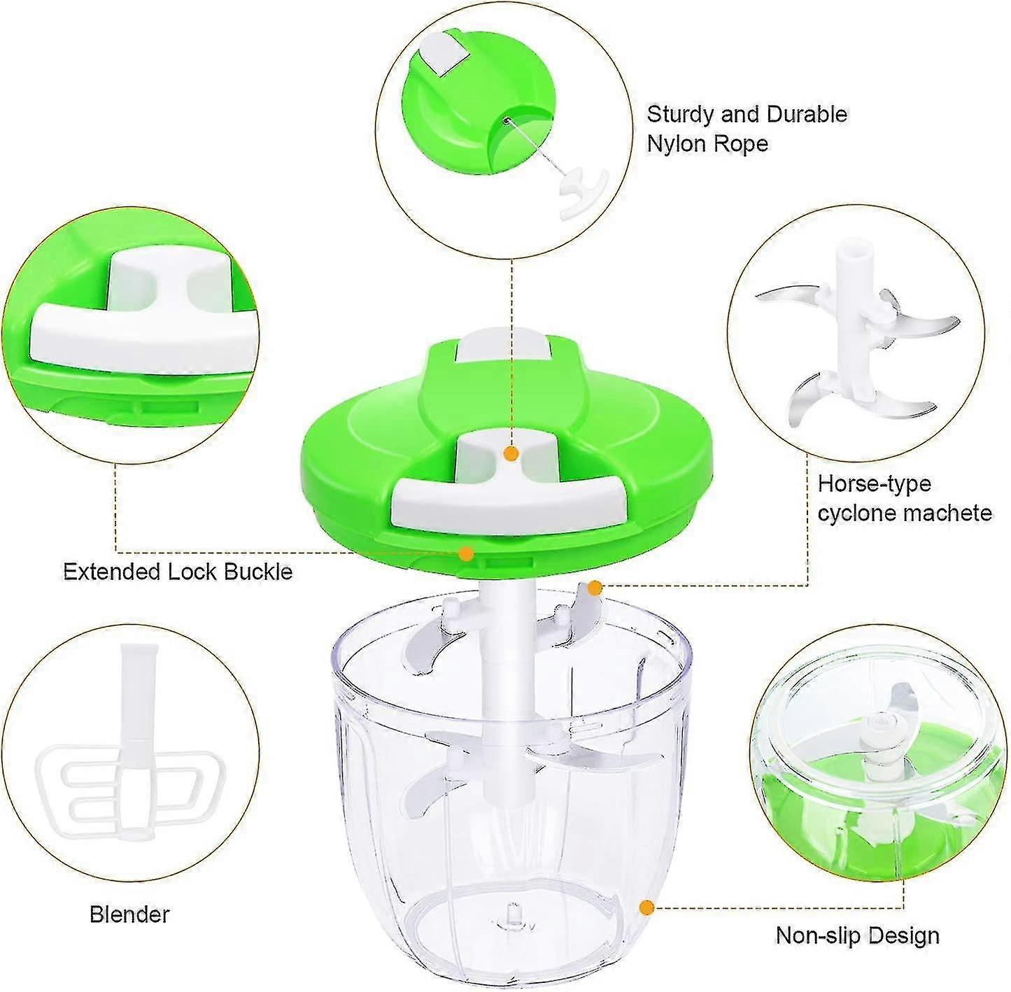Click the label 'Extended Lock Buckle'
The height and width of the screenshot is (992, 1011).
pos(178,572)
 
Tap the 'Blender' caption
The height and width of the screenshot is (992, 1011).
pos(129,914)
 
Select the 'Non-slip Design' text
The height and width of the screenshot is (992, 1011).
pos(857,935)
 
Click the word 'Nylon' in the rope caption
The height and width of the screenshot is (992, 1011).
pos(677,144)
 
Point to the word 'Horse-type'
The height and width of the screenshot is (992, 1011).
pos(875,483)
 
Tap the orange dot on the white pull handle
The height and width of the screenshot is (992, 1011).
pos(511,454)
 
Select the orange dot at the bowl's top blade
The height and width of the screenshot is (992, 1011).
pos(594,588)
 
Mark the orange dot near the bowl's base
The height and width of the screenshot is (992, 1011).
pos(646,907)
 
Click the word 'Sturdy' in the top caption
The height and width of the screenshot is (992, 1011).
pos(681,114)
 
